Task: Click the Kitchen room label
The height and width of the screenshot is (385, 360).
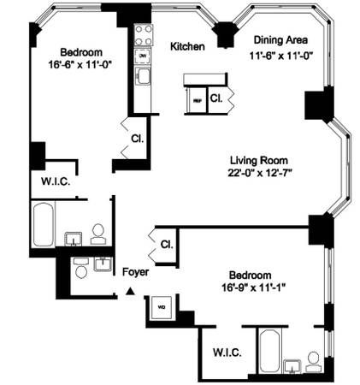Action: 186,46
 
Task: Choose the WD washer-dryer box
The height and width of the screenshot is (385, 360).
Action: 160,305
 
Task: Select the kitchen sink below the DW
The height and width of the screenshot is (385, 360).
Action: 144,77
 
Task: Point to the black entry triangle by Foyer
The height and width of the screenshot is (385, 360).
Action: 130,292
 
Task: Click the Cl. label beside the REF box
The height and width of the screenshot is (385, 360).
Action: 216,98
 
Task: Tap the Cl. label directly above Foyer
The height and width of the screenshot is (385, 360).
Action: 166,244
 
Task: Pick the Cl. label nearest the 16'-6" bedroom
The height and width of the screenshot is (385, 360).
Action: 136,138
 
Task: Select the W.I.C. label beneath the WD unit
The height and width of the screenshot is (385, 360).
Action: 226,352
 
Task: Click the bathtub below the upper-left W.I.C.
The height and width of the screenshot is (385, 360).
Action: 44,224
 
